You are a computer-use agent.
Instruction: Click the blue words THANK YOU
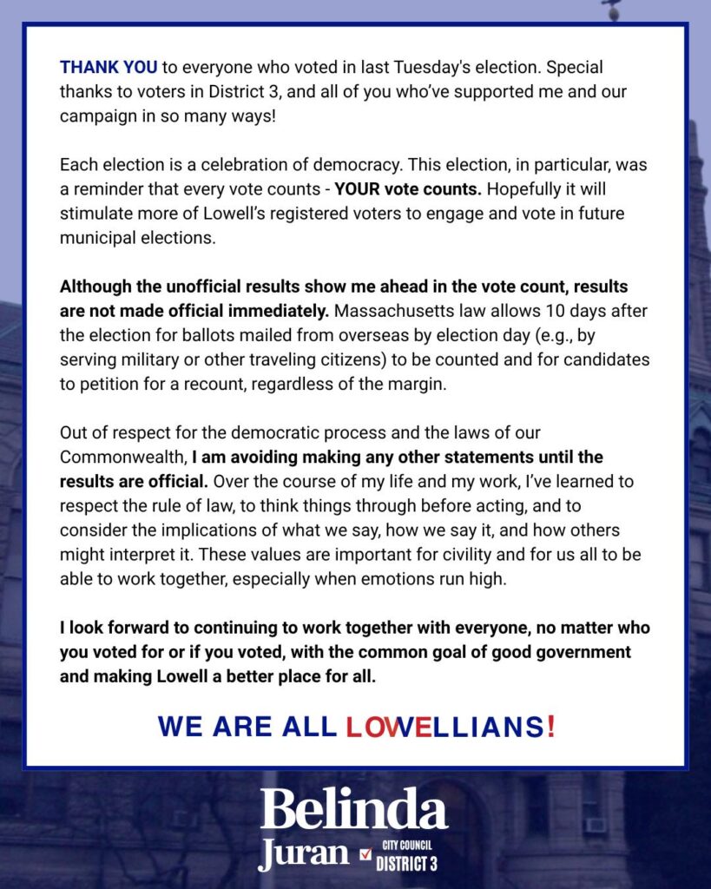(109, 68)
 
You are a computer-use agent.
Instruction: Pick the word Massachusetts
(398, 311)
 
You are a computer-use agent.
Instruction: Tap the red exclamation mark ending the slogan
(550, 727)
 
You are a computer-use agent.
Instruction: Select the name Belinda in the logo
(354, 810)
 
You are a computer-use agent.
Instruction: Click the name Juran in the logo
(303, 853)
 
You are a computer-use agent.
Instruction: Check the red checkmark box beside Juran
(365, 854)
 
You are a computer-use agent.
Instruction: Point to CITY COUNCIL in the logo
(406, 845)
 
